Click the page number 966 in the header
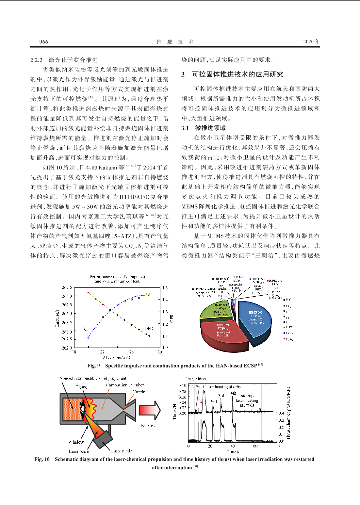[43, 42]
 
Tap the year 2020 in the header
[308, 42]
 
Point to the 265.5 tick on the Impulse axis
[67, 287]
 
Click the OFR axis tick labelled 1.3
[165, 312]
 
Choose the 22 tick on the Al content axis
[103, 352]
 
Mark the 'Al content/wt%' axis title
[117, 358]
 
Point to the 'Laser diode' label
[122, 451]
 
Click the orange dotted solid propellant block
[72, 409]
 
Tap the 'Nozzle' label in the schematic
[139, 392]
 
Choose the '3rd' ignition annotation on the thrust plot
[221, 396]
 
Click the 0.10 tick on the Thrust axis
[182, 385]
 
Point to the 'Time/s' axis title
[233, 452]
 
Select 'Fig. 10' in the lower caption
[42, 459]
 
